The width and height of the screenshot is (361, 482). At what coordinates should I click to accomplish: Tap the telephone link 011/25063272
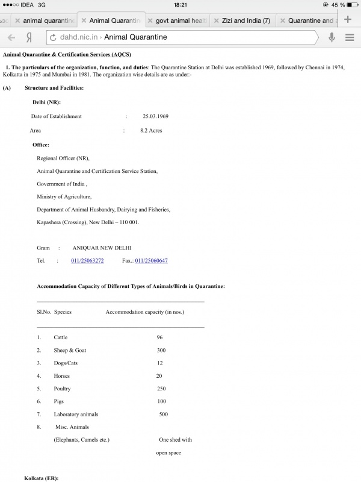pyautogui.click(x=87, y=261)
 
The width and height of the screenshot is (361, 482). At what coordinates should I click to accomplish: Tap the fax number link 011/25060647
pyautogui.click(x=151, y=261)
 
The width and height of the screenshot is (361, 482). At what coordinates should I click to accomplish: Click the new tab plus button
pyautogui.click(x=348, y=19)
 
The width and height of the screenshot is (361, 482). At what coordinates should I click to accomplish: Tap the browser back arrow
pyautogui.click(x=11, y=37)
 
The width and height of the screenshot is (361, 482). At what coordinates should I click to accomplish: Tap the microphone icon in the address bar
pyautogui.click(x=331, y=37)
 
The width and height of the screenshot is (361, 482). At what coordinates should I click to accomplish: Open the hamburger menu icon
pyautogui.click(x=350, y=37)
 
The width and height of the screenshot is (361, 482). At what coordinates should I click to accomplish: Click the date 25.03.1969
pyautogui.click(x=155, y=116)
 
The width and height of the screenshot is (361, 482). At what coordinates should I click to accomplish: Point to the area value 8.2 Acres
pyautogui.click(x=150, y=130)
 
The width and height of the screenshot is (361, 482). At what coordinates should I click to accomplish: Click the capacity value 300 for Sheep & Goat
pyautogui.click(x=161, y=350)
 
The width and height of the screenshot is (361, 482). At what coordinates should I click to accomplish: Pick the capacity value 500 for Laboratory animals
pyautogui.click(x=164, y=415)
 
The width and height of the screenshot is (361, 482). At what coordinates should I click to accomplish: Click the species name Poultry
pyautogui.click(x=63, y=389)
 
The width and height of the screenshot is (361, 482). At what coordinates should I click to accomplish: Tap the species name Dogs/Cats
pyautogui.click(x=66, y=363)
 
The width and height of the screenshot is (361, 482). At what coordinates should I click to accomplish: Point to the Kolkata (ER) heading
pyautogui.click(x=42, y=478)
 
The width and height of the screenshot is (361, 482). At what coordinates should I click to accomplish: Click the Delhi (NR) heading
pyautogui.click(x=46, y=102)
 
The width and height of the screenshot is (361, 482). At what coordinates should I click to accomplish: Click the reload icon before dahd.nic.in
pyautogui.click(x=53, y=37)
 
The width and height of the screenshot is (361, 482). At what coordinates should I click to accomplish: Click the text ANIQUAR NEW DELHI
pyautogui.click(x=102, y=248)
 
